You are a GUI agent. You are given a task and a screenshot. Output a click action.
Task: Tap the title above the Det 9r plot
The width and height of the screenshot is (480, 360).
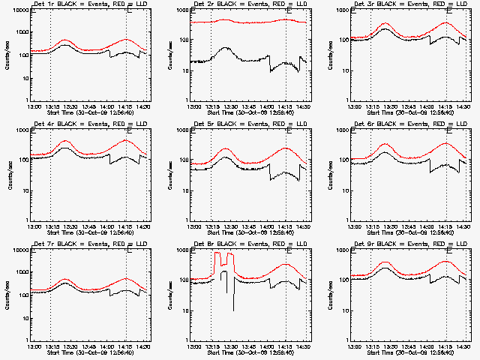409,244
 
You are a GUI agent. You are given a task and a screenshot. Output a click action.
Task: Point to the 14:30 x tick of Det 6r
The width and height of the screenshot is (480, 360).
464,226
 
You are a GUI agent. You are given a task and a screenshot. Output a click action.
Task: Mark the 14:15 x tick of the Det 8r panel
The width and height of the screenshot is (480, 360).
286,346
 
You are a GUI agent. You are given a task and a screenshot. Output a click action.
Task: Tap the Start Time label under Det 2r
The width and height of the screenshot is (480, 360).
250,113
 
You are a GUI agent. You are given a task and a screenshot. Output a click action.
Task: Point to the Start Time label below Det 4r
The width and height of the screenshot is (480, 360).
90,232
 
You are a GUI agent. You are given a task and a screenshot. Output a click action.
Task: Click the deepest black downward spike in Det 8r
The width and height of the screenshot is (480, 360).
233,309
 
